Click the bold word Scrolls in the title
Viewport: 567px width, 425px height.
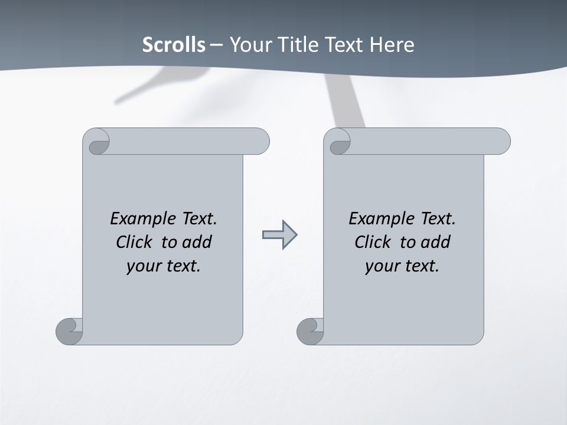coord(174,45)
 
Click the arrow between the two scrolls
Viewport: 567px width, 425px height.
coord(279,235)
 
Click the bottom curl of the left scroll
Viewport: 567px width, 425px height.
coord(70,331)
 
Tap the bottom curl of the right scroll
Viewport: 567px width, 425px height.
coord(311,331)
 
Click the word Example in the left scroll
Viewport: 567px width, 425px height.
coord(142,219)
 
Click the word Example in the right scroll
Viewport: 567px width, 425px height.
coord(381,219)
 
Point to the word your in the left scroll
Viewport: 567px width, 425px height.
coord(143,266)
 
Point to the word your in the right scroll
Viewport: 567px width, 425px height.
coord(382,266)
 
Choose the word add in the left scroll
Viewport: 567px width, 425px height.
coord(197,242)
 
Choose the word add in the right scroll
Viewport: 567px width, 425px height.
coord(436,242)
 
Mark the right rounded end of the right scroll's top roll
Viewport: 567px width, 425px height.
coord(503,141)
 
